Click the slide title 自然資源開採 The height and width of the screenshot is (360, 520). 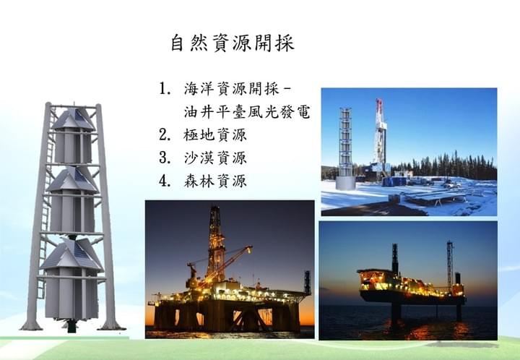[233, 43]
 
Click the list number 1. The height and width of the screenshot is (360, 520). [165, 89]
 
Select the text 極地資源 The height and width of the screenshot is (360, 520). [215, 135]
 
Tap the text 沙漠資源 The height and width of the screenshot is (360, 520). [215, 158]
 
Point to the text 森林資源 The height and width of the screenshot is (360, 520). [215, 181]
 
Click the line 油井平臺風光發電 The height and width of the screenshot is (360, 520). [247, 112]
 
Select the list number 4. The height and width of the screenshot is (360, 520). [165, 181]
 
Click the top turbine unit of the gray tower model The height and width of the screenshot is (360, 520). [74, 135]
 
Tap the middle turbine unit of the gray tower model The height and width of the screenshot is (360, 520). [72, 199]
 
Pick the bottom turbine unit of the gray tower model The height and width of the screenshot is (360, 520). [71, 279]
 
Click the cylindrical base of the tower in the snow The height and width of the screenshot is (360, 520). [345, 183]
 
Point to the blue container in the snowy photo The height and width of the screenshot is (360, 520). [394, 181]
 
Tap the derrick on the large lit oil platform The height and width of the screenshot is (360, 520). [216, 242]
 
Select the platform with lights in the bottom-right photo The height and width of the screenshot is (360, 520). [411, 286]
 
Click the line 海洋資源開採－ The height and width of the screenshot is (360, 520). [238, 89]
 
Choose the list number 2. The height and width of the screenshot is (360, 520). [165, 135]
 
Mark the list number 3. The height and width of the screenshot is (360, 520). [165, 158]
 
